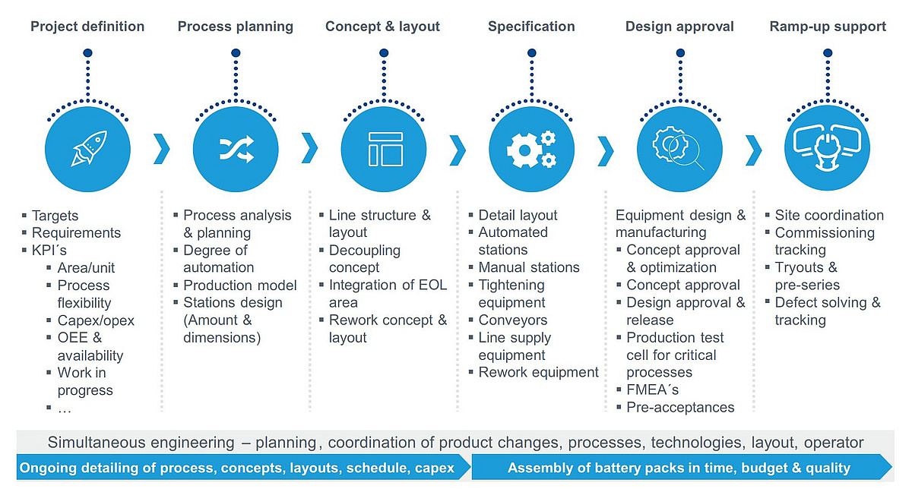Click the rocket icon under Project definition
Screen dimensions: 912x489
88,149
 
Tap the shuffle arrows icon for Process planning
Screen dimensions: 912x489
236,150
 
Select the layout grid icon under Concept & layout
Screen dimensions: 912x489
385,150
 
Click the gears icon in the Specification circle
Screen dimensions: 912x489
531,150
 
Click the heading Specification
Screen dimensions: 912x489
531,27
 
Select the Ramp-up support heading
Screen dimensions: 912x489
828,27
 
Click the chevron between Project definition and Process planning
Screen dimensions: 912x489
161,149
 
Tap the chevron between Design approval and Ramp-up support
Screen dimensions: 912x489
753,150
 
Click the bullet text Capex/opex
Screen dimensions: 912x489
96,320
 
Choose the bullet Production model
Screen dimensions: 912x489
240,286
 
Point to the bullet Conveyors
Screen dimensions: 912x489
512,320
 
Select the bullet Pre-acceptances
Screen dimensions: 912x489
680,407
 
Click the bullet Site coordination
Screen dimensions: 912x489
829,215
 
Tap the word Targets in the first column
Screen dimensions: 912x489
55,216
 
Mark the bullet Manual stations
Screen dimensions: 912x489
529,267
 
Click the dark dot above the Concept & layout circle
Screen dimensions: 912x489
384,53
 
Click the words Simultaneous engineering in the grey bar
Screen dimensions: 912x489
141,443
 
